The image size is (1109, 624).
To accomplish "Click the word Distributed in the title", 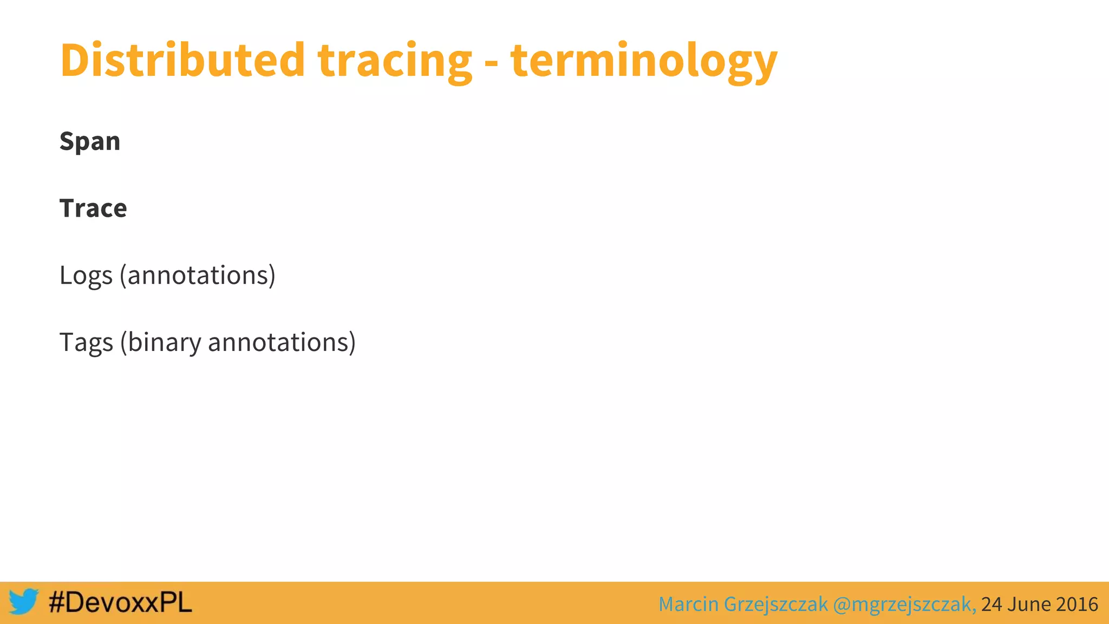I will (x=182, y=60).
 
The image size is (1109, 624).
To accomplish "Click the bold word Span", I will (x=90, y=142).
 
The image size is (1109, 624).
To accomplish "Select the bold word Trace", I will (x=93, y=209).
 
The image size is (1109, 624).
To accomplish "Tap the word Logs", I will (x=86, y=276).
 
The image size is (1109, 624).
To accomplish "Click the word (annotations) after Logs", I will (x=198, y=276).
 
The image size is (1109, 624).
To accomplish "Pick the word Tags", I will (x=86, y=343).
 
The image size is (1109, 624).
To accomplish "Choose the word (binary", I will (x=160, y=343).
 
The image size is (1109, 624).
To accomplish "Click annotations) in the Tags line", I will (x=282, y=343).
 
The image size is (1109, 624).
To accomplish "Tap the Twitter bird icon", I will (x=23, y=602).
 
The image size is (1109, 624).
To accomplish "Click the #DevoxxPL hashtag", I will (x=120, y=602).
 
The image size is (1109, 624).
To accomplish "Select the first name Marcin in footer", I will (x=688, y=604).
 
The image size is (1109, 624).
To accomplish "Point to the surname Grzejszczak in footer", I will (x=775, y=604).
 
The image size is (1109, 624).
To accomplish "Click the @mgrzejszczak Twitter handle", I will (x=903, y=604).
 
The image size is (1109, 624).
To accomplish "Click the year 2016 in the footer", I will (x=1077, y=604).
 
